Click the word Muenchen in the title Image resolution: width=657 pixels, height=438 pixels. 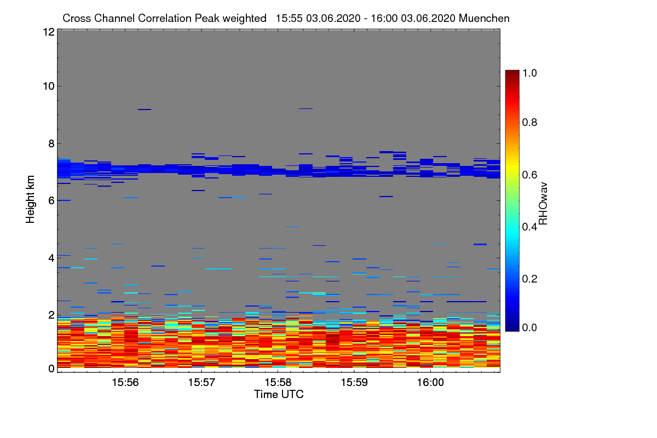coord(484,18)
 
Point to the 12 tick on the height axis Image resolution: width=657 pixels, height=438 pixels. coord(48,32)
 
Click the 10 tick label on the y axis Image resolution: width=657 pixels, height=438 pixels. coord(48,86)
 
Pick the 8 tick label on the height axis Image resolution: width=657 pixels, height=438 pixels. coord(50,143)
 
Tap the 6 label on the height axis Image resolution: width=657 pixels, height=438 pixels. coord(50,201)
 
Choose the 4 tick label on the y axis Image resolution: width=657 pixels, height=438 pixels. coord(50,258)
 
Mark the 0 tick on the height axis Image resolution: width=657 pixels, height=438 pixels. coord(50,368)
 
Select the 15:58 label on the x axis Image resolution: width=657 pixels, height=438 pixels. coord(278,382)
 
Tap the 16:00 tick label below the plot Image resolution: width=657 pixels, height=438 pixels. coord(431,382)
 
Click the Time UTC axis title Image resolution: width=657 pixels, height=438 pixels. coord(279,394)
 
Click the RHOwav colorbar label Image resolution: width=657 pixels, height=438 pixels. coord(544,203)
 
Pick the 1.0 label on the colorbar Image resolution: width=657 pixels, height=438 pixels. coord(531,73)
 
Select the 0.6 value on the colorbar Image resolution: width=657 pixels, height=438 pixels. coord(531,175)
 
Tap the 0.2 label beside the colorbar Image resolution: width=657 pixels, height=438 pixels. coord(531,279)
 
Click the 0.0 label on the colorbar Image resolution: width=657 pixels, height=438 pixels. coord(531,328)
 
